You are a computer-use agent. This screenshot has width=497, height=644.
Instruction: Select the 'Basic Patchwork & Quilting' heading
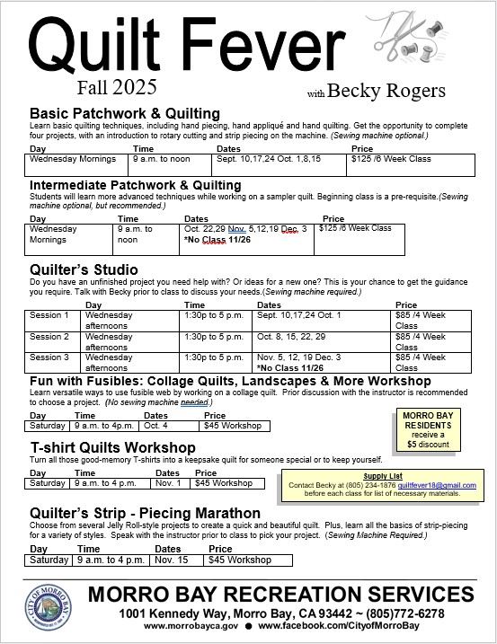click(125, 113)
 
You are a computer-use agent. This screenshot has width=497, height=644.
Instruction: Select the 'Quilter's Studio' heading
click(84, 269)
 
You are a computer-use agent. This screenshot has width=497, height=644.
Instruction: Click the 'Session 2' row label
click(49, 337)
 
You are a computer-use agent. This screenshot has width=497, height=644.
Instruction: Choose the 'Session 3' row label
click(49, 357)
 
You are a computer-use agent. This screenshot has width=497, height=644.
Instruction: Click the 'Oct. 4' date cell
click(155, 427)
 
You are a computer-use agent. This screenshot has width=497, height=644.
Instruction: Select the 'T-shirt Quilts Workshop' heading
click(112, 447)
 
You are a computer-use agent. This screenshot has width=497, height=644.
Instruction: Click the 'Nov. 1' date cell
click(168, 483)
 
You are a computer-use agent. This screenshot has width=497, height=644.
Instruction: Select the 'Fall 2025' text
click(117, 87)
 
